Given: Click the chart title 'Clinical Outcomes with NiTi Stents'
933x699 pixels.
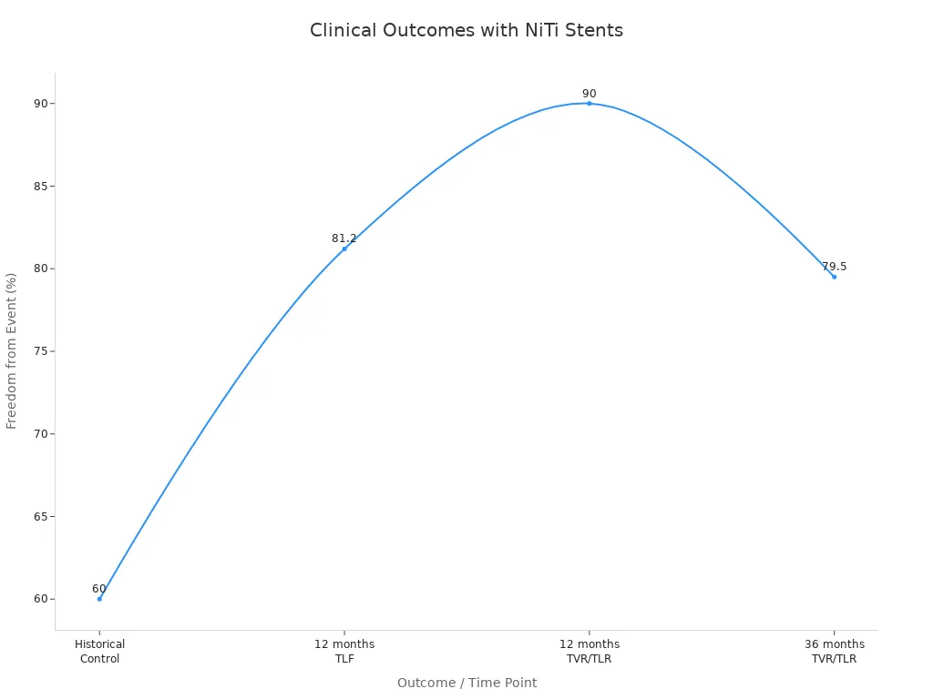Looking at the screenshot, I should pyautogui.click(x=466, y=30).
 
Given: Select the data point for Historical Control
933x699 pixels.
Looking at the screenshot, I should pyautogui.click(x=99, y=599).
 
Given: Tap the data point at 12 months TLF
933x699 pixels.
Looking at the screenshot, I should pyautogui.click(x=344, y=248).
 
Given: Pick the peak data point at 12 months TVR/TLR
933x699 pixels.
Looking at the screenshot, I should pyautogui.click(x=589, y=104).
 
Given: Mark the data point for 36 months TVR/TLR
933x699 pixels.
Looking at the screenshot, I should pyautogui.click(x=834, y=277).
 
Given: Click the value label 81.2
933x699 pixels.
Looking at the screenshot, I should pyautogui.click(x=344, y=238).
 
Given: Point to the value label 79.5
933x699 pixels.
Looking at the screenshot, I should pyautogui.click(x=834, y=267).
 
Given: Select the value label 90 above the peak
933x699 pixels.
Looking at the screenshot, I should pyautogui.click(x=589, y=94).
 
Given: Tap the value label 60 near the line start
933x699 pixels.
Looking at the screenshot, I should pyautogui.click(x=99, y=589).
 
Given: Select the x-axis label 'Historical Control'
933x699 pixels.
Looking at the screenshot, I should pyautogui.click(x=99, y=652).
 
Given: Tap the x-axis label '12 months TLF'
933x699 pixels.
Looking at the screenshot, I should pyautogui.click(x=344, y=652).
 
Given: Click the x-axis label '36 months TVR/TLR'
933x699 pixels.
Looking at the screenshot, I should pyautogui.click(x=834, y=652).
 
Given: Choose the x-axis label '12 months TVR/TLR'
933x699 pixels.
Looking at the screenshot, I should pyautogui.click(x=589, y=652).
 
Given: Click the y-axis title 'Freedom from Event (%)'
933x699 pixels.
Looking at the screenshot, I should pyautogui.click(x=12, y=350).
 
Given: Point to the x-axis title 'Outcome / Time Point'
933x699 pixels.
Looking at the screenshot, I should pyautogui.click(x=466, y=683).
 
